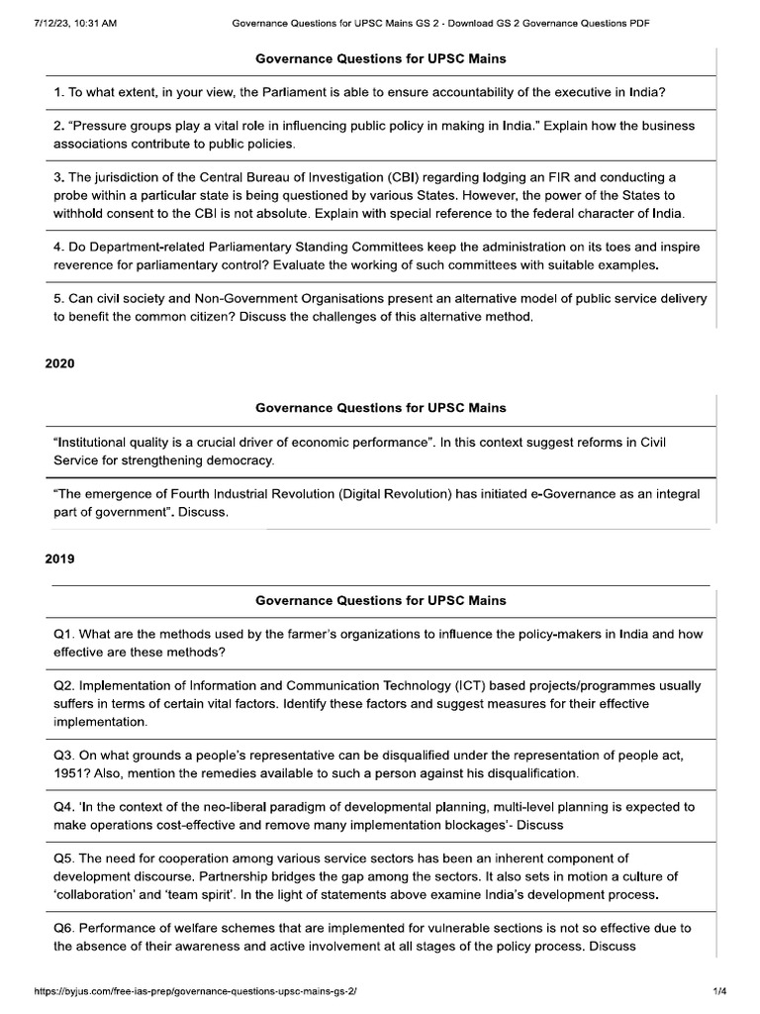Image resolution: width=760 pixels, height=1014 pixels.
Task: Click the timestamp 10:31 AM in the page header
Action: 93,23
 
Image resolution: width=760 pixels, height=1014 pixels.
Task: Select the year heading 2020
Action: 59,363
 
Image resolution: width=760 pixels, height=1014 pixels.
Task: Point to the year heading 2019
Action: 59,558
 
